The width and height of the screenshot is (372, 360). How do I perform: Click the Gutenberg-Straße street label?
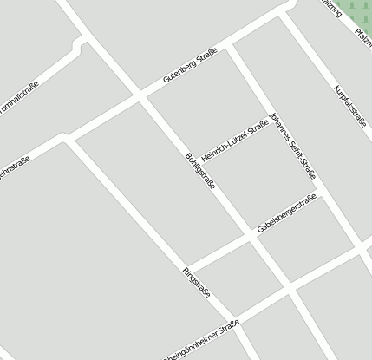tap(190, 67)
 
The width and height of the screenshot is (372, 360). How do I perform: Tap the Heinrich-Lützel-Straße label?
tap(234, 137)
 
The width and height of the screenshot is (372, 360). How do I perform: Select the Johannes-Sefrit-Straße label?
tap(293, 145)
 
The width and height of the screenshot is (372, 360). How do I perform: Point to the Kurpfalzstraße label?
tap(350, 107)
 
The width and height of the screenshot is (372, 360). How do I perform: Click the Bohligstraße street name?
tap(200, 172)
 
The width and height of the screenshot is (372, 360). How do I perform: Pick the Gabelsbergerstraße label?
tap(287, 213)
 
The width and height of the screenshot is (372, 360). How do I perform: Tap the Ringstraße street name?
tap(197, 284)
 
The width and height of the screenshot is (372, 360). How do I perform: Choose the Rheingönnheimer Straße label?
tap(199, 341)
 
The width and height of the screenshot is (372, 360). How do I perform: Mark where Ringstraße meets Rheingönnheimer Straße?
tap(235, 319)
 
